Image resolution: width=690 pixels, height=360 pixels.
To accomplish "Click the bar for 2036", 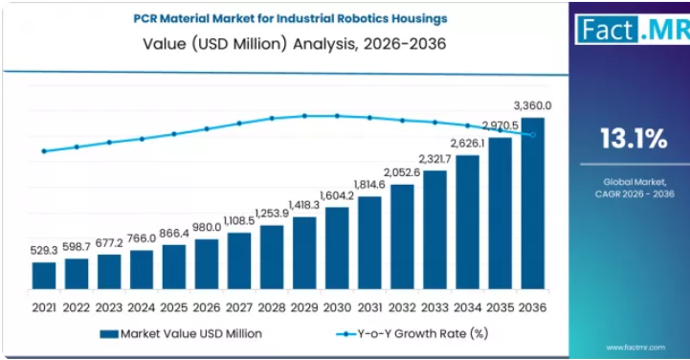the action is coord(533,203).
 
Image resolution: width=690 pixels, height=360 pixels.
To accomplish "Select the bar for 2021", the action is coord(44,276).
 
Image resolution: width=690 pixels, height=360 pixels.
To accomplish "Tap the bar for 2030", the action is coord(337,248).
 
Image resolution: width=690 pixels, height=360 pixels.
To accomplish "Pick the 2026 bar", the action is coord(207,264).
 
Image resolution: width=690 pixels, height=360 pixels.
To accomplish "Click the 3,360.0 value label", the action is coord(532,106).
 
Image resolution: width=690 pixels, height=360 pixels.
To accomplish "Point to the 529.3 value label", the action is coord(44,251).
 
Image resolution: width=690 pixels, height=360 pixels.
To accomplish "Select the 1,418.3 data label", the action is coord(304,205).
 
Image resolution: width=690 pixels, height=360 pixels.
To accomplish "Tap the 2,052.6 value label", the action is coord(402,172).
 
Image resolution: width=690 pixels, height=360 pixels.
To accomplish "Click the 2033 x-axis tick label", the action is coord(434,307).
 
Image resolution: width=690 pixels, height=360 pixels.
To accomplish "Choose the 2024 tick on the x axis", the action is coord(142,307).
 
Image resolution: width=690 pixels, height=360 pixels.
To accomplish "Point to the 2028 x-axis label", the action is coord(272,307).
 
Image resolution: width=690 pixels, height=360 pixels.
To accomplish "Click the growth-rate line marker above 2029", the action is coord(304,116).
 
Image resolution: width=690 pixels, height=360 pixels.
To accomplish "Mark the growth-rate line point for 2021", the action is coord(44,151).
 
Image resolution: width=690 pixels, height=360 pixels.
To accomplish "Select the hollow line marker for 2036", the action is coord(533,135).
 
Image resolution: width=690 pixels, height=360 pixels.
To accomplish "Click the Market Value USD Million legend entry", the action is coord(181,334).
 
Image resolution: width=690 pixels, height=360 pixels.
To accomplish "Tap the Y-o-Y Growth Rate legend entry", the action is coord(412,334).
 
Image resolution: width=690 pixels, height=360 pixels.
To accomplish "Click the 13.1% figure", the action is coord(634,138).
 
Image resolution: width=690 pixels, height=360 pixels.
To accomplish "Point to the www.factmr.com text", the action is coord(635,348).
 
